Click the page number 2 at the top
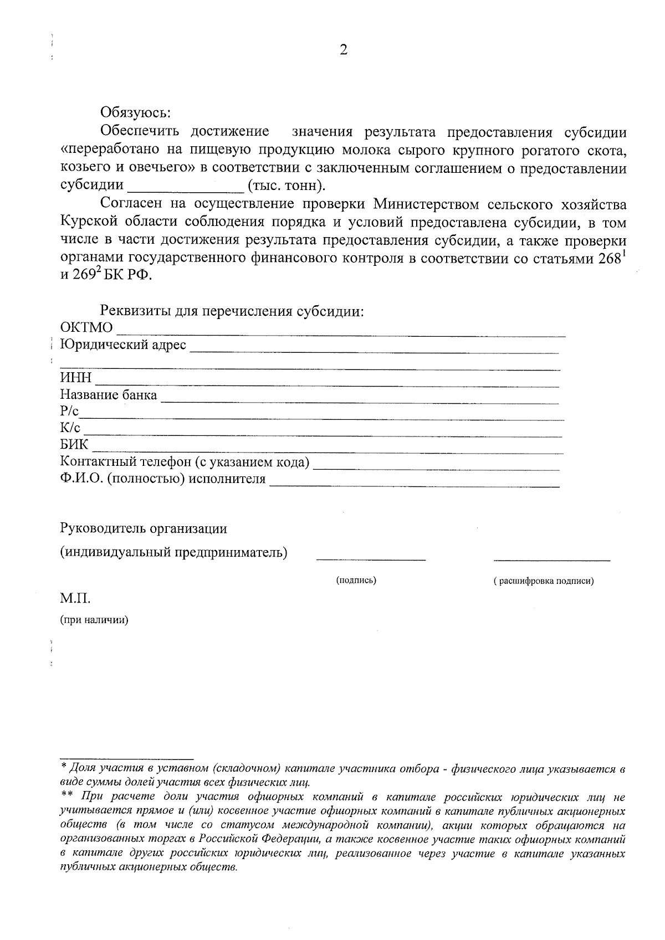pos(343,50)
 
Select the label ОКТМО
pos(86,328)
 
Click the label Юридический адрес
pos(124,345)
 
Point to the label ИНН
pos(76,379)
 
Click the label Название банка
pos(109,395)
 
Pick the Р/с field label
pos(70,412)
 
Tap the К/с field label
pos(70,428)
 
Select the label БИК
pos(74,445)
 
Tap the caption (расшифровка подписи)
pos(543,581)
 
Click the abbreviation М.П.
pos(75,599)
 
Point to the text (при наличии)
pos(94,620)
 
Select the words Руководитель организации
pos(144,528)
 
